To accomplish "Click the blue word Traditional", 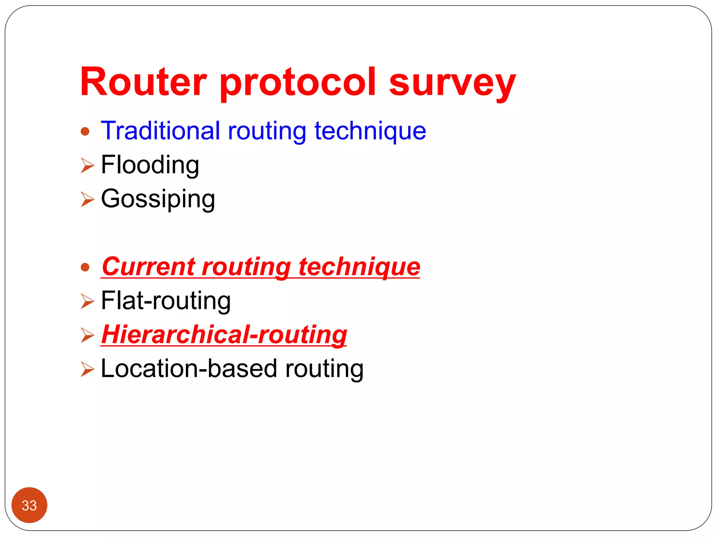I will click(161, 131).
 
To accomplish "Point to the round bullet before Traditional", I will click(85, 132).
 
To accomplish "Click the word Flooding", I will click(150, 165).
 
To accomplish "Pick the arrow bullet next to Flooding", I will click(87, 165).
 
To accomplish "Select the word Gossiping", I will click(158, 199).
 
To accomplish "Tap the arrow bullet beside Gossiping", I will click(87, 199).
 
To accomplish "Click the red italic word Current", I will click(148, 267).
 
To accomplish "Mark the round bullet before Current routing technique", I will click(85, 268).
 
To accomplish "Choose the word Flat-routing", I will click(166, 301).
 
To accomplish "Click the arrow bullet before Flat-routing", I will click(87, 301).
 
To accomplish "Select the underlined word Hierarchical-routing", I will click(224, 334).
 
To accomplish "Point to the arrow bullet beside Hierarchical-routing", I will click(87, 335).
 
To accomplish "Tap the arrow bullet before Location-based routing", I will click(87, 369).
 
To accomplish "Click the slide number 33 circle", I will click(29, 505).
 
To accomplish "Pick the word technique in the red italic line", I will click(359, 267).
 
